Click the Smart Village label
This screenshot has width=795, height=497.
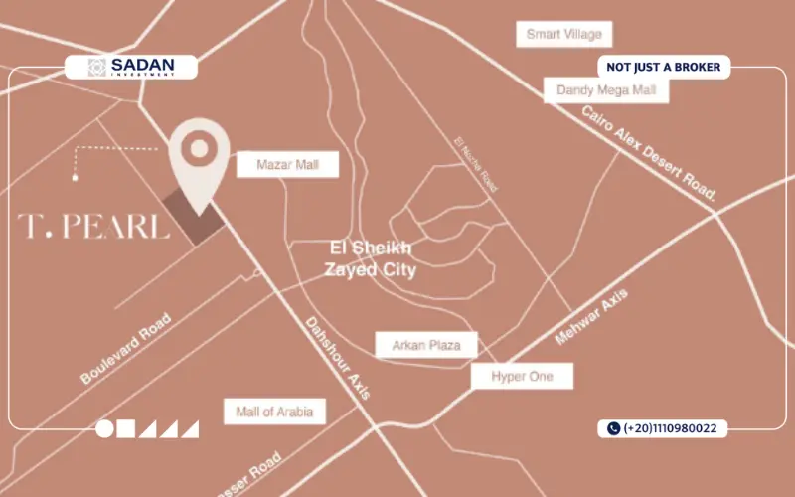click(563, 35)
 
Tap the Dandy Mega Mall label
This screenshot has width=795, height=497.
click(606, 90)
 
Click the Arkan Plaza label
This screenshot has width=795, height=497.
click(426, 345)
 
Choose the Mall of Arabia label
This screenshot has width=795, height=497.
click(274, 411)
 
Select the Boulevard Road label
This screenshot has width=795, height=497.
click(126, 349)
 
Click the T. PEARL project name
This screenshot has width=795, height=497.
click(93, 227)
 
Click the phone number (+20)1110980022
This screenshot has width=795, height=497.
click(672, 429)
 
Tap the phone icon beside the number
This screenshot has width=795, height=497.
click(612, 429)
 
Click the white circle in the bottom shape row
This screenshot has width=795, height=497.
click(104, 429)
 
